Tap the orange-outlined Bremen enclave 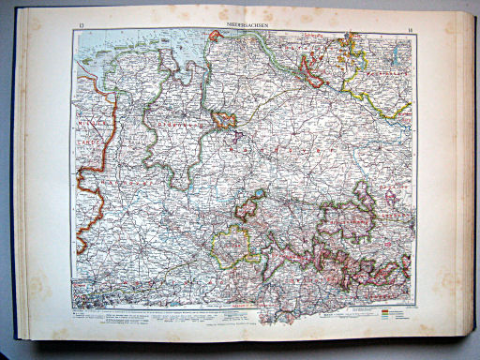pyautogui.click(x=225, y=119)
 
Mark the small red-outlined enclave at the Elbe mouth pyautogui.click(x=215, y=37)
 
